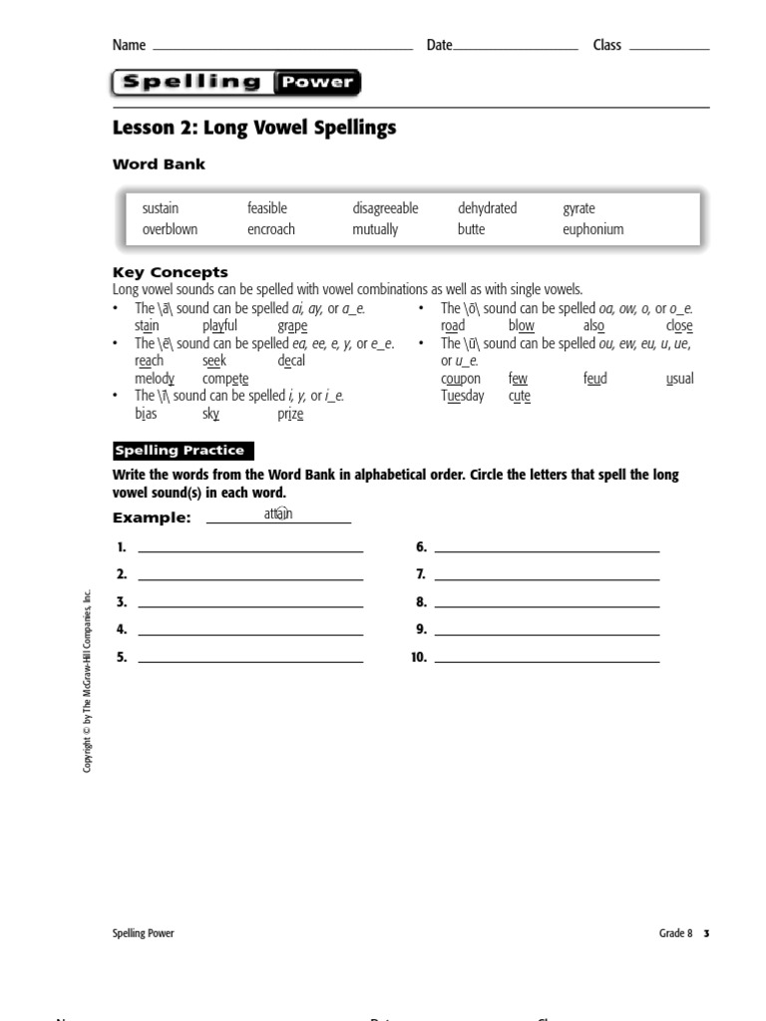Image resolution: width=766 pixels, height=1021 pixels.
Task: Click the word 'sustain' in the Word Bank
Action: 161,208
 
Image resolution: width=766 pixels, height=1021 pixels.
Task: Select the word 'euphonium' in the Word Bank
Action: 592,229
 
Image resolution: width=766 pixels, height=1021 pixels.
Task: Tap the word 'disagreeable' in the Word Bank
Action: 385,208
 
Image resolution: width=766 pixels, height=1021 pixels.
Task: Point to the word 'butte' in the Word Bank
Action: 471,229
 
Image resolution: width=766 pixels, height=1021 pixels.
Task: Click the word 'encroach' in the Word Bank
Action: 271,229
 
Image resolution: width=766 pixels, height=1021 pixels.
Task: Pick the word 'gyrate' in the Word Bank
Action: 578,208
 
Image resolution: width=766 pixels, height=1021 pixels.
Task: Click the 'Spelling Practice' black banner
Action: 184,451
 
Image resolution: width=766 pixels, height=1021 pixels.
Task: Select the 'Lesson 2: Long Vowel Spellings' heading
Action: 254,128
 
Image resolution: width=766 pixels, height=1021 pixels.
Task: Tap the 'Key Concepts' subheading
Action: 171,272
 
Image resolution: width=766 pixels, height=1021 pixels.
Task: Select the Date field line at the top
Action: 516,45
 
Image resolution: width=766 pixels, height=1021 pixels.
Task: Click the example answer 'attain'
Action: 278,513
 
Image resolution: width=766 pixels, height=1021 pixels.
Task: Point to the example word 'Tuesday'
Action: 462,396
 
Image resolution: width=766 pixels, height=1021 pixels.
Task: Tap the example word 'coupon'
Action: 460,379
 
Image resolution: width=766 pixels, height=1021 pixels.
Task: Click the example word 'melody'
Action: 155,379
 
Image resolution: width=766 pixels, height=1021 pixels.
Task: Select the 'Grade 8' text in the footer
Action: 674,933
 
